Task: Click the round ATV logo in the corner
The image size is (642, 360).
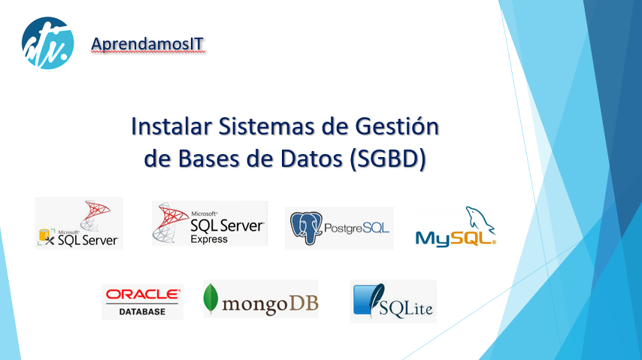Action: coord(47,42)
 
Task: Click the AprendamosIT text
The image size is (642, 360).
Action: coord(147,44)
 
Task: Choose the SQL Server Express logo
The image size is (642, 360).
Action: coord(209,223)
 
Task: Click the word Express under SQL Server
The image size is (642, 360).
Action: coord(209,240)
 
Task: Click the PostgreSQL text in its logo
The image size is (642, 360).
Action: coord(358,226)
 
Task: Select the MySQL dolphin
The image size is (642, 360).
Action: coord(479,220)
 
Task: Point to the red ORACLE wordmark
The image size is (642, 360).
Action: coord(143,294)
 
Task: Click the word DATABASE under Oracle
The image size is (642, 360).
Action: coord(142,310)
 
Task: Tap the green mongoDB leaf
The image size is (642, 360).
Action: coord(212,298)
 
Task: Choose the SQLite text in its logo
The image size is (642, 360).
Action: coord(407,307)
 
